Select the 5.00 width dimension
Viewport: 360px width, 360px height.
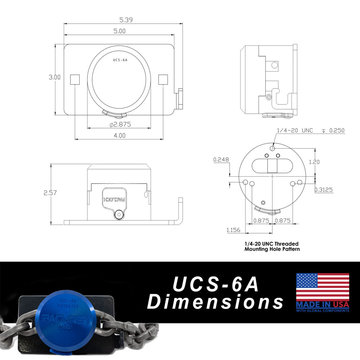click(x=119, y=31)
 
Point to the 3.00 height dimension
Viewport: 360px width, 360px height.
click(x=55, y=77)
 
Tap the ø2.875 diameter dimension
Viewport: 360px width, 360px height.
click(x=120, y=125)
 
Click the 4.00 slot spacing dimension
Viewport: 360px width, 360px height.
click(x=120, y=136)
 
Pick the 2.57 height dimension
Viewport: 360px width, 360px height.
click(x=50, y=193)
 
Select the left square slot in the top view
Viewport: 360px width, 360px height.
click(x=75, y=79)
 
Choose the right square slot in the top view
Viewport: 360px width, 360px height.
click(x=163, y=79)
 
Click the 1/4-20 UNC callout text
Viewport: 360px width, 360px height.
click(x=295, y=130)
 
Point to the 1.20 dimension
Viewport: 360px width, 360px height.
click(x=314, y=162)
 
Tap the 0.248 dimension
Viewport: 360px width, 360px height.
click(x=220, y=159)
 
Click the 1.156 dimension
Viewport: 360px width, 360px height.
click(x=234, y=230)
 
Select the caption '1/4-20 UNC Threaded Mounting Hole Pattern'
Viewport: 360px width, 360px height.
click(x=272, y=246)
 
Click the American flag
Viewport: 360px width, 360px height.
click(x=322, y=287)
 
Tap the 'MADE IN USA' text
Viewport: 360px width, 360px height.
click(x=322, y=305)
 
